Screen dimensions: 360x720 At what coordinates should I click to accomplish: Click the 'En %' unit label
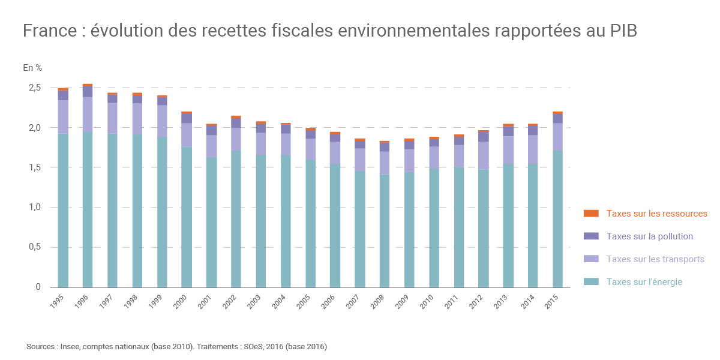[32, 68]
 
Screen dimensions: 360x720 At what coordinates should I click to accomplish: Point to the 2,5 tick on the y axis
[34, 88]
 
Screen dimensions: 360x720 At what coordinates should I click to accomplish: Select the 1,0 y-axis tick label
[34, 207]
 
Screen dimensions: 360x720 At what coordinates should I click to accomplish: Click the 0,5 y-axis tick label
[34, 247]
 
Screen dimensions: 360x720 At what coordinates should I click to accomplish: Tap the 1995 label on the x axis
[58, 302]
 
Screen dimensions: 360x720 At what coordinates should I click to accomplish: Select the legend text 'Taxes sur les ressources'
[657, 214]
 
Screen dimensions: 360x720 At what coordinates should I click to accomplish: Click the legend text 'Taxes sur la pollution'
[650, 236]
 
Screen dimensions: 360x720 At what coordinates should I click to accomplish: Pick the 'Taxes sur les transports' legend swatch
[591, 259]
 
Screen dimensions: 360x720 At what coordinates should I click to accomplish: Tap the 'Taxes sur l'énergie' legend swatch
[591, 282]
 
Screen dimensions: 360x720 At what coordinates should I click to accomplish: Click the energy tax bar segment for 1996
[88, 210]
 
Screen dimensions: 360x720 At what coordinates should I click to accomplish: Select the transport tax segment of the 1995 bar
[63, 117]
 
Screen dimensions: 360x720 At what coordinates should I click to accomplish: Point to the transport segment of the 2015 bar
[558, 137]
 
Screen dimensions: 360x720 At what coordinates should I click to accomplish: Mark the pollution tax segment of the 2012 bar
[484, 137]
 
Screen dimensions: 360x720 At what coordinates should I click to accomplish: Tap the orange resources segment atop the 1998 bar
[137, 94]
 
